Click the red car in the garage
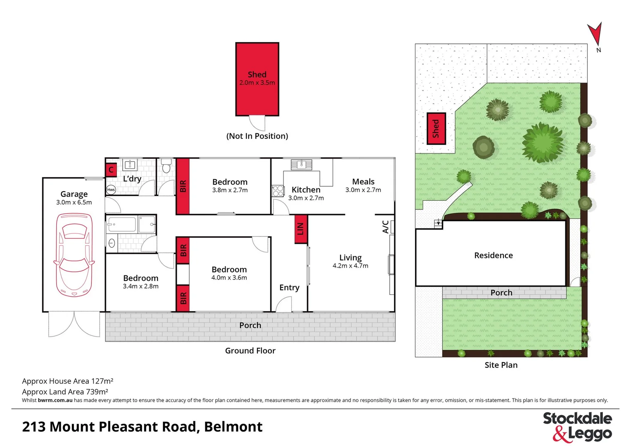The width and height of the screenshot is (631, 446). tap(74, 255)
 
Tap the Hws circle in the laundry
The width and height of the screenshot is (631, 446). tap(111, 190)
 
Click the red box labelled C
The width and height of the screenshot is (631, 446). tap(111, 170)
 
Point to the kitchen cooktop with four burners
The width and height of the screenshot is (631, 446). tap(278, 191)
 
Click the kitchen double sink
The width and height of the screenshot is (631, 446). tap(301, 164)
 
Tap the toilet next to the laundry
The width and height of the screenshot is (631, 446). tap(166, 166)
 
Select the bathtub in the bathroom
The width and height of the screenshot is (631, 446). tap(122, 225)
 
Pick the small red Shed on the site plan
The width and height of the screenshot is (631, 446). tap(436, 128)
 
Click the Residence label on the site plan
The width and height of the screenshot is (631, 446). tap(493, 255)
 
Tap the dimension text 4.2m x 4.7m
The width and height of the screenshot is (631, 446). tap(350, 266)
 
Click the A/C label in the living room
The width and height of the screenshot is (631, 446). tap(385, 227)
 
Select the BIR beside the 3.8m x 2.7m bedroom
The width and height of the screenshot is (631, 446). tap(183, 186)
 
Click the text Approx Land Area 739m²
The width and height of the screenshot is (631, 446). tap(65, 391)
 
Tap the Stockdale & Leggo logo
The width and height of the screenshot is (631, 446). tap(577, 427)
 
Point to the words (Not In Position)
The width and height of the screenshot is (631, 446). tap(257, 136)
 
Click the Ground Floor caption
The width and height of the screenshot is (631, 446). tap(250, 351)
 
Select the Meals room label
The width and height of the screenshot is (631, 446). tap(363, 182)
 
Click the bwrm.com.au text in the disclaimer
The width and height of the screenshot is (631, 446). tap(55, 400)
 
